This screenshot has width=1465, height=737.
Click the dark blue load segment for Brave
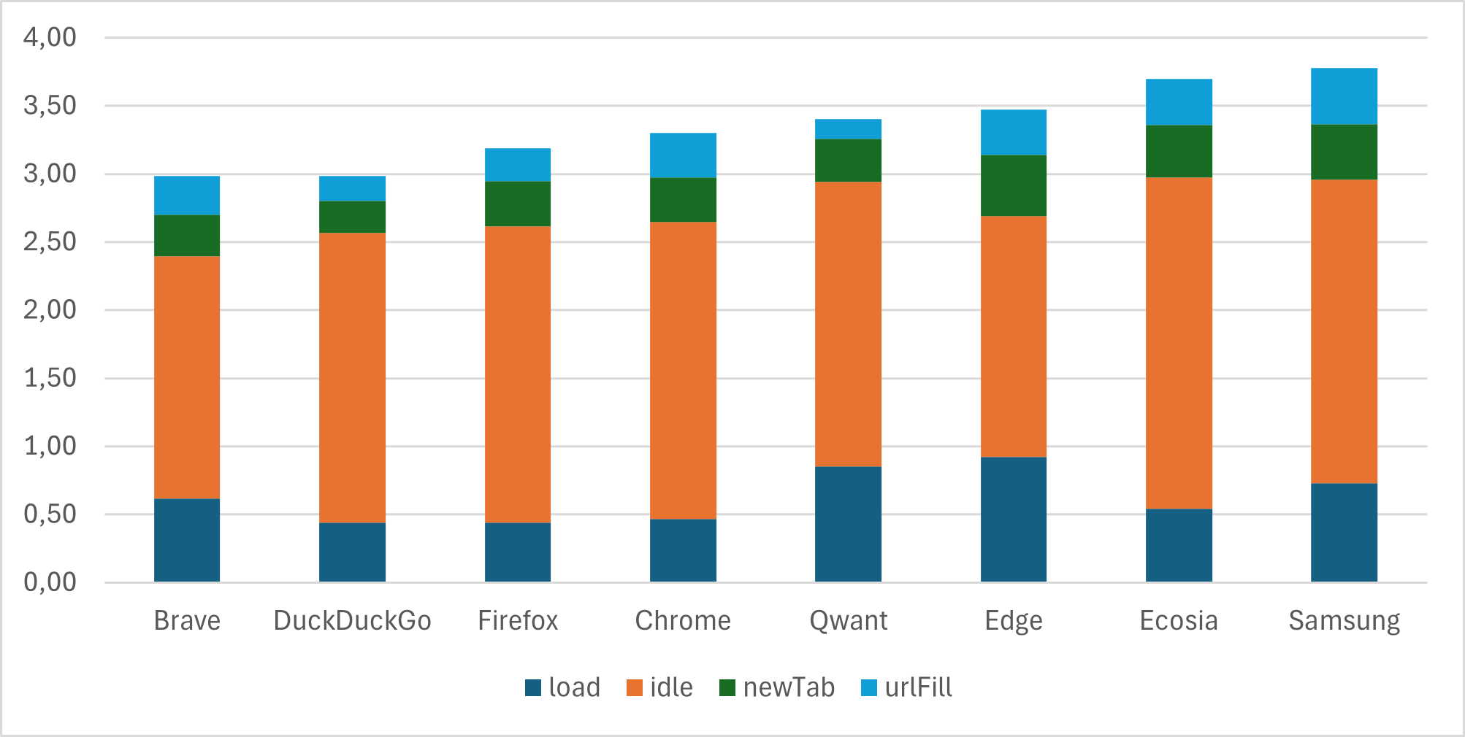(x=187, y=540)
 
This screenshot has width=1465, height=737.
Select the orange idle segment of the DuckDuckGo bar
(x=352, y=378)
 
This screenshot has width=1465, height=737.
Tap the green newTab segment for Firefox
(x=518, y=204)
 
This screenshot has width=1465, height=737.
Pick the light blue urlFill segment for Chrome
(x=683, y=155)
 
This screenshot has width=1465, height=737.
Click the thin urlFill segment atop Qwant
(x=848, y=129)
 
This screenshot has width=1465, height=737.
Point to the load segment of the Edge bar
(x=1014, y=520)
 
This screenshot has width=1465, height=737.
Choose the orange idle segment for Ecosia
(x=1179, y=343)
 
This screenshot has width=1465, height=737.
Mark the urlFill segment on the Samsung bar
(x=1344, y=96)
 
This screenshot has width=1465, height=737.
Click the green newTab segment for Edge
(x=1014, y=185)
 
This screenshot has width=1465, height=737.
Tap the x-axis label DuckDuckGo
(x=352, y=621)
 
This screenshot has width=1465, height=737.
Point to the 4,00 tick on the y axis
(x=50, y=37)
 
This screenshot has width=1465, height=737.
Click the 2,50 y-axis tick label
(x=50, y=242)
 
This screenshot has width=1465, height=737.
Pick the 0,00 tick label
(x=50, y=582)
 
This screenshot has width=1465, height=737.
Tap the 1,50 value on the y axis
(x=50, y=378)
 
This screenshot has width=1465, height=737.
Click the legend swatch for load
(x=533, y=687)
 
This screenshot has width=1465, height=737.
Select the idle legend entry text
(x=671, y=687)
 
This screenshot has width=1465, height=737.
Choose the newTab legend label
(x=789, y=687)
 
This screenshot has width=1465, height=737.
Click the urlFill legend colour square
(x=869, y=687)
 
